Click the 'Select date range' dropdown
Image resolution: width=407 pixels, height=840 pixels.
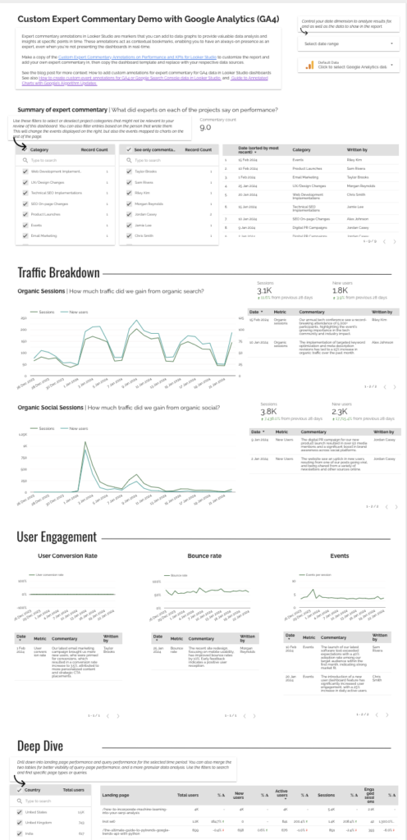tap(345, 43)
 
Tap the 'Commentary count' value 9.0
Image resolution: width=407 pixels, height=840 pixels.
tap(206, 127)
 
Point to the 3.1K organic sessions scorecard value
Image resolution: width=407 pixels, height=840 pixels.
tap(264, 290)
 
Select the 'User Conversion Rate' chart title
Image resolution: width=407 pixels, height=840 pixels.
tap(68, 555)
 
